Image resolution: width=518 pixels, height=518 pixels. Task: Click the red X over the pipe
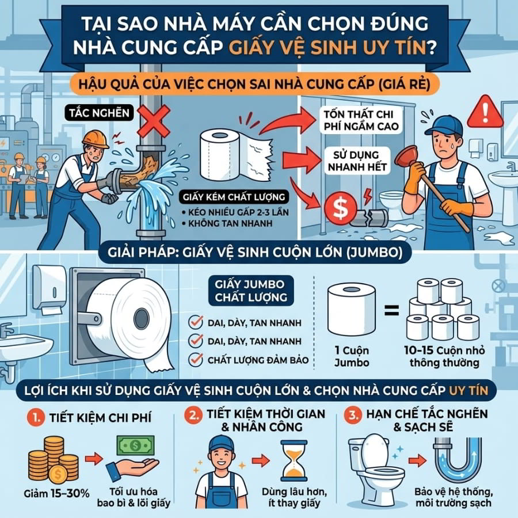pyautogui.click(x=154, y=121)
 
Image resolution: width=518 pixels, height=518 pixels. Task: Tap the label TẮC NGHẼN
pyautogui.click(x=99, y=113)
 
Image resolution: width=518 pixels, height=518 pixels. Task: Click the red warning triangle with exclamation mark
pyautogui.click(x=485, y=112)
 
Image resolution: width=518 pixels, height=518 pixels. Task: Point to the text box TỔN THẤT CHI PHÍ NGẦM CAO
pyautogui.click(x=361, y=120)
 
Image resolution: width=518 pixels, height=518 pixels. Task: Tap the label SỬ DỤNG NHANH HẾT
pyautogui.click(x=357, y=161)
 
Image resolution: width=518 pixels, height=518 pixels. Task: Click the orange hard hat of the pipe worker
pyautogui.click(x=96, y=139)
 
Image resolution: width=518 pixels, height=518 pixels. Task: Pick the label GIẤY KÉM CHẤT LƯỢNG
pyautogui.click(x=234, y=197)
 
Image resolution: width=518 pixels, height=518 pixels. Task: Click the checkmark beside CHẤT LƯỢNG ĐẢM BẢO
pyautogui.click(x=196, y=360)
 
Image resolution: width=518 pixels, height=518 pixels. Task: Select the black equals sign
pyautogui.click(x=392, y=310)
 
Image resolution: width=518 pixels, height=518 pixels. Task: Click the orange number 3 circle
pyautogui.click(x=353, y=414)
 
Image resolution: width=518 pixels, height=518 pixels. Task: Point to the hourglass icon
pyautogui.click(x=294, y=460)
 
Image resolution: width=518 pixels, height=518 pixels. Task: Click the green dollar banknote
pyautogui.click(x=135, y=445)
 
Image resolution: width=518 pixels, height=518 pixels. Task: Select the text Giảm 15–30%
pyautogui.click(x=56, y=494)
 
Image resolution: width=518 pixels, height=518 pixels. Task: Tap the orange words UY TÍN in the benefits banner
pyautogui.click(x=469, y=390)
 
